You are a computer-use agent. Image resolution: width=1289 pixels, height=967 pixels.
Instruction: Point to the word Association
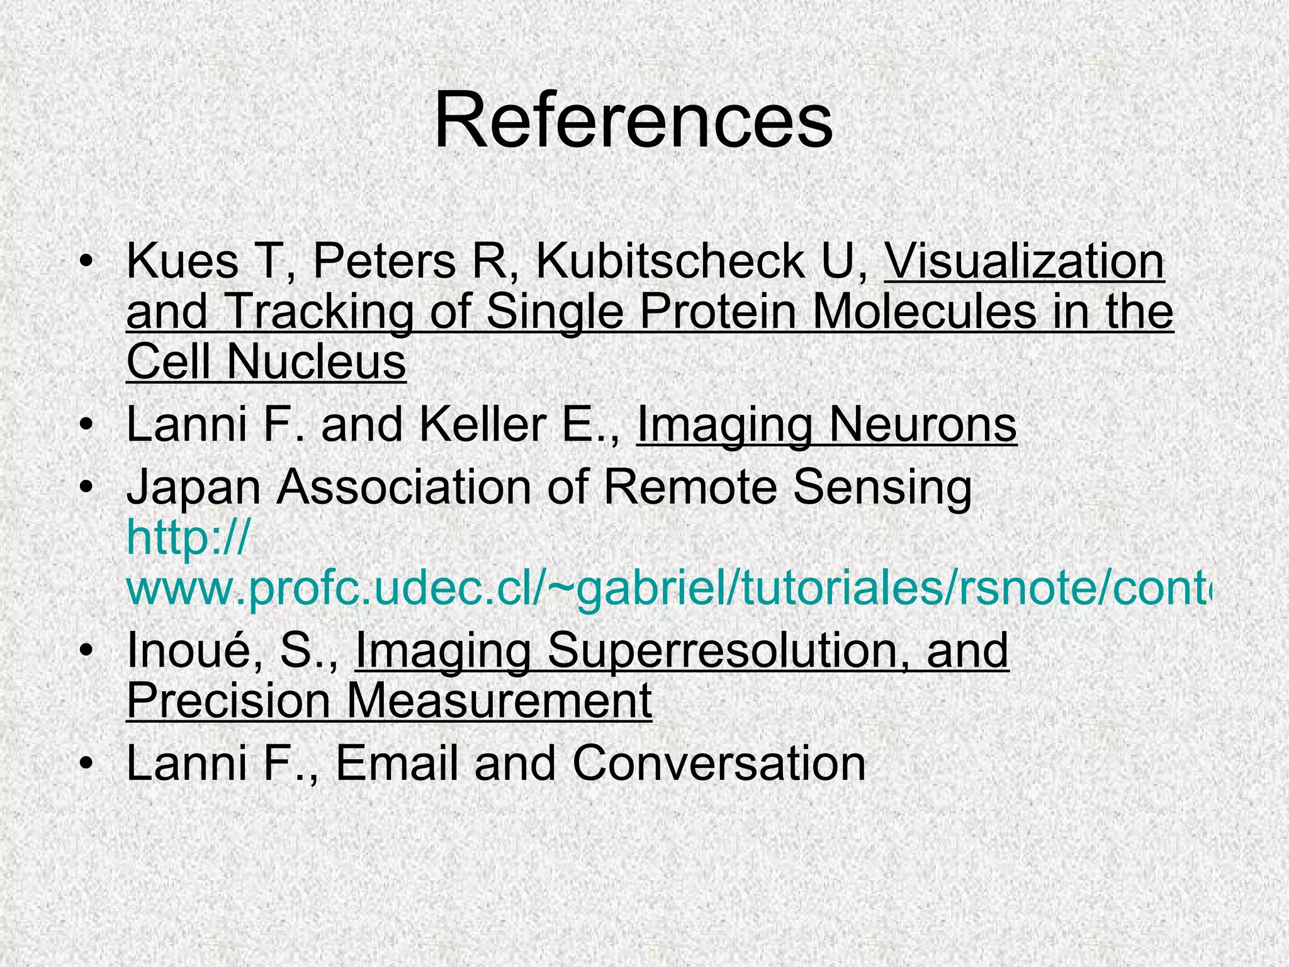coord(405,487)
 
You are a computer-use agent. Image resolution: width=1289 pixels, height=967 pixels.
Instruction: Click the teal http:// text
coord(188,538)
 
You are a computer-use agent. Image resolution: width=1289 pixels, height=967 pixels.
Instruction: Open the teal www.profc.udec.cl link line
coord(667,588)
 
